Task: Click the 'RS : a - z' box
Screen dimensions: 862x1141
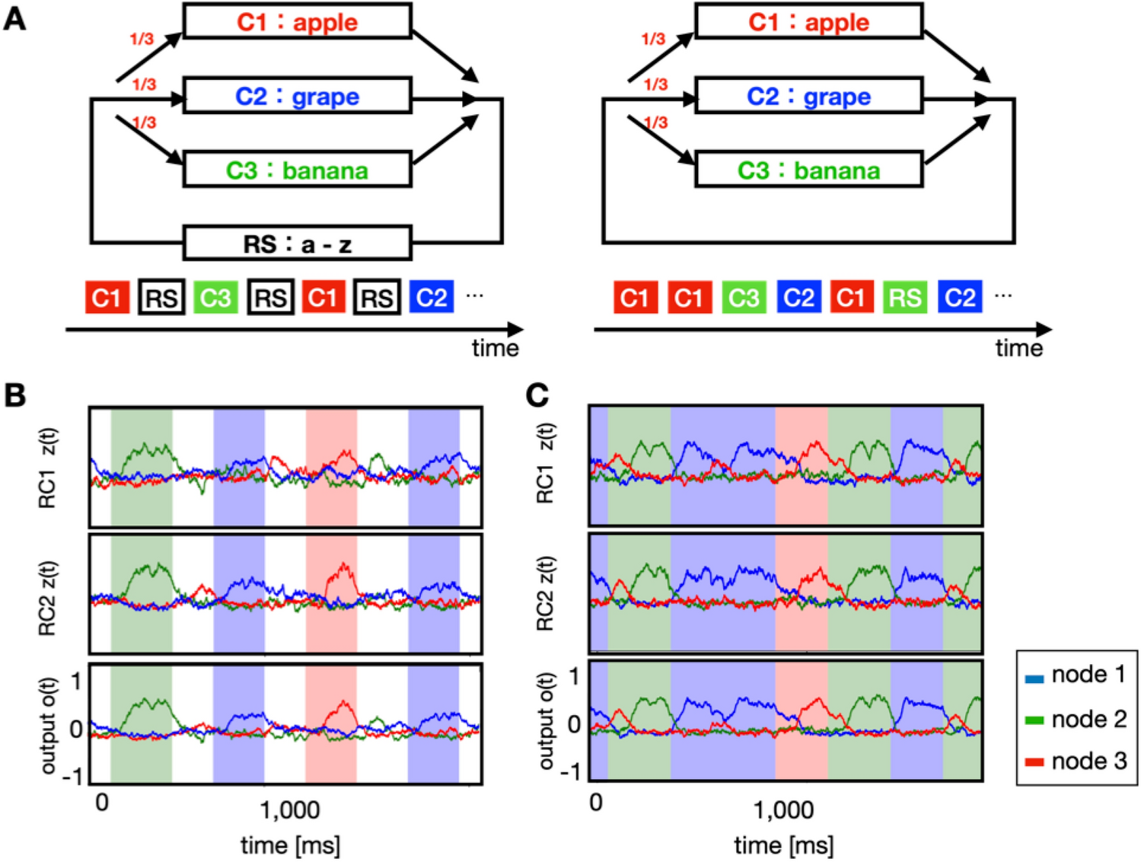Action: [x=297, y=244]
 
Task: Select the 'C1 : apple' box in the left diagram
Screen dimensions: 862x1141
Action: [x=297, y=22]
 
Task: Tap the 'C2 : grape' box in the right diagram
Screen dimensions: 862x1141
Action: [x=808, y=96]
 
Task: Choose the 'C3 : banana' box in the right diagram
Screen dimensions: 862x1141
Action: [x=808, y=170]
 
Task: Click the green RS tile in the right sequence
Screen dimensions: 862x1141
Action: [x=905, y=297]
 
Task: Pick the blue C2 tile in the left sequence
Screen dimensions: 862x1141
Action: [x=432, y=297]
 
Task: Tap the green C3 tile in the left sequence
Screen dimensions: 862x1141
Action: [x=215, y=297]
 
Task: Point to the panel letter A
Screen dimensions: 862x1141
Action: [x=14, y=18]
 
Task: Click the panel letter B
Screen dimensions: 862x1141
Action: [x=14, y=395]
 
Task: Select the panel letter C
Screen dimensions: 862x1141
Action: [x=537, y=395]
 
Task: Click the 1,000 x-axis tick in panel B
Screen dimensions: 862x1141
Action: [x=289, y=810]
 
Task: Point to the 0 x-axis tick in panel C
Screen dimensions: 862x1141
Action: [x=596, y=803]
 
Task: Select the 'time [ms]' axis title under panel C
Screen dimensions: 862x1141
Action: [x=783, y=844]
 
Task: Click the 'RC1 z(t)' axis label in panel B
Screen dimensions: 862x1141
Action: [x=47, y=468]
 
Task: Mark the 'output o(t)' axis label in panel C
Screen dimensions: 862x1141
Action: [x=546, y=720]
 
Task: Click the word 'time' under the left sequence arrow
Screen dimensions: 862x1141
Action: [x=495, y=348]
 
